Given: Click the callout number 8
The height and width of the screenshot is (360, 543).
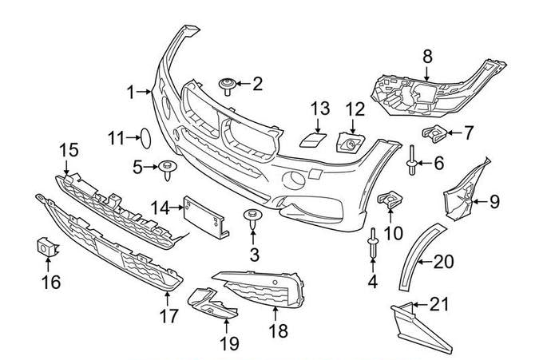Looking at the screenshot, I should tap(426, 56).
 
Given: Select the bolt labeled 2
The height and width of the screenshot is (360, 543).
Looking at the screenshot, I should tap(226, 85).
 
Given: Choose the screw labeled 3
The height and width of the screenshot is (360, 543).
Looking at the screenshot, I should tap(252, 220).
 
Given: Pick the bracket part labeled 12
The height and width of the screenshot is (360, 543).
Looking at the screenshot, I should tap(351, 143).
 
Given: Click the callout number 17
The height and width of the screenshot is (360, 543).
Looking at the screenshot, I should tap(168, 316).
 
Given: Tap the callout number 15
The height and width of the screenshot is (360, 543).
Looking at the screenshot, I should tap(69, 149).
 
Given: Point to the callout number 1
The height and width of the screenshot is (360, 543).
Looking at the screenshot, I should tap(132, 93).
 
